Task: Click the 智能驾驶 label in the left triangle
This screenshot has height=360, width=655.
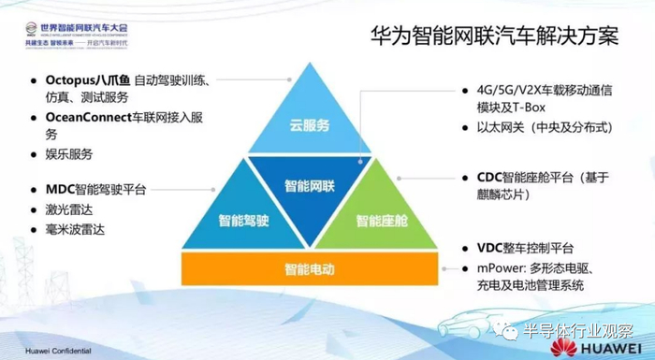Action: coord(246,222)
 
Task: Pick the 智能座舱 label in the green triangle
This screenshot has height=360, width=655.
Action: coord(381,222)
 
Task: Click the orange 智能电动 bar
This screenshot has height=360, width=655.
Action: coord(311,269)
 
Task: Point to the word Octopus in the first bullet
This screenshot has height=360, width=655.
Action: coord(74,79)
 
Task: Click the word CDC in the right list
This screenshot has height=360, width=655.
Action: coord(478,176)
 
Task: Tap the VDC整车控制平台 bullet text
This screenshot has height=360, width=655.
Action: coord(523,249)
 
